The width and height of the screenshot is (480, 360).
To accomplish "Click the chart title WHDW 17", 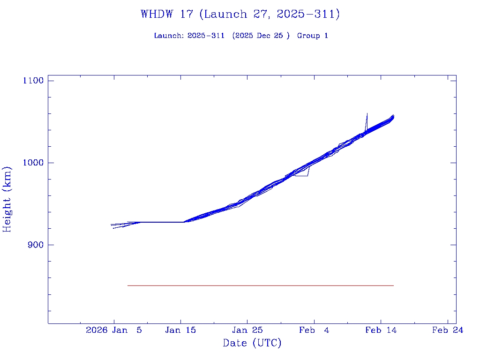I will point(167,14).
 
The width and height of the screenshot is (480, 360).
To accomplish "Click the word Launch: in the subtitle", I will point(169,36).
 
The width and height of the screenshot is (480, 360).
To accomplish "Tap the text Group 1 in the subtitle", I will point(312,36).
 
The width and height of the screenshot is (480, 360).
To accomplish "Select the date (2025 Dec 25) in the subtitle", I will point(261,36).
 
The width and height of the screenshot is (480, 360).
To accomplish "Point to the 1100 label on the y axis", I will point(33,81).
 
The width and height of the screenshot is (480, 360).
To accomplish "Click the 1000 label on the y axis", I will point(33,163).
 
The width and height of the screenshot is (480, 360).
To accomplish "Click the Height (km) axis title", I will point(7,199).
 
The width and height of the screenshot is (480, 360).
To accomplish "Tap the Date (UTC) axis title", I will point(252,343).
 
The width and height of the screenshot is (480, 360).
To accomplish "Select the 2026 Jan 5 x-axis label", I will point(114,330).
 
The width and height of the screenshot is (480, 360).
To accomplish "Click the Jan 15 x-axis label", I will point(180,330).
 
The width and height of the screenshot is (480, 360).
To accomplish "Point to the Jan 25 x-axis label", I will point(247,330).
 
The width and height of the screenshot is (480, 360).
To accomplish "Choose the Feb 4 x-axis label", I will point(314,330).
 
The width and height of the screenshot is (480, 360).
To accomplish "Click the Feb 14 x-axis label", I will point(381,330).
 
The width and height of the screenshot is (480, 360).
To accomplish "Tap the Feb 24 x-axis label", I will point(447,330).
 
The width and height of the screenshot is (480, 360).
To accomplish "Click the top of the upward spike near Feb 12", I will point(367,113).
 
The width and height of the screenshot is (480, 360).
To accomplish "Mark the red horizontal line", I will point(260,285).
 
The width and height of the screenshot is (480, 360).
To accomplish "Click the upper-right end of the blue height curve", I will point(393,116).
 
